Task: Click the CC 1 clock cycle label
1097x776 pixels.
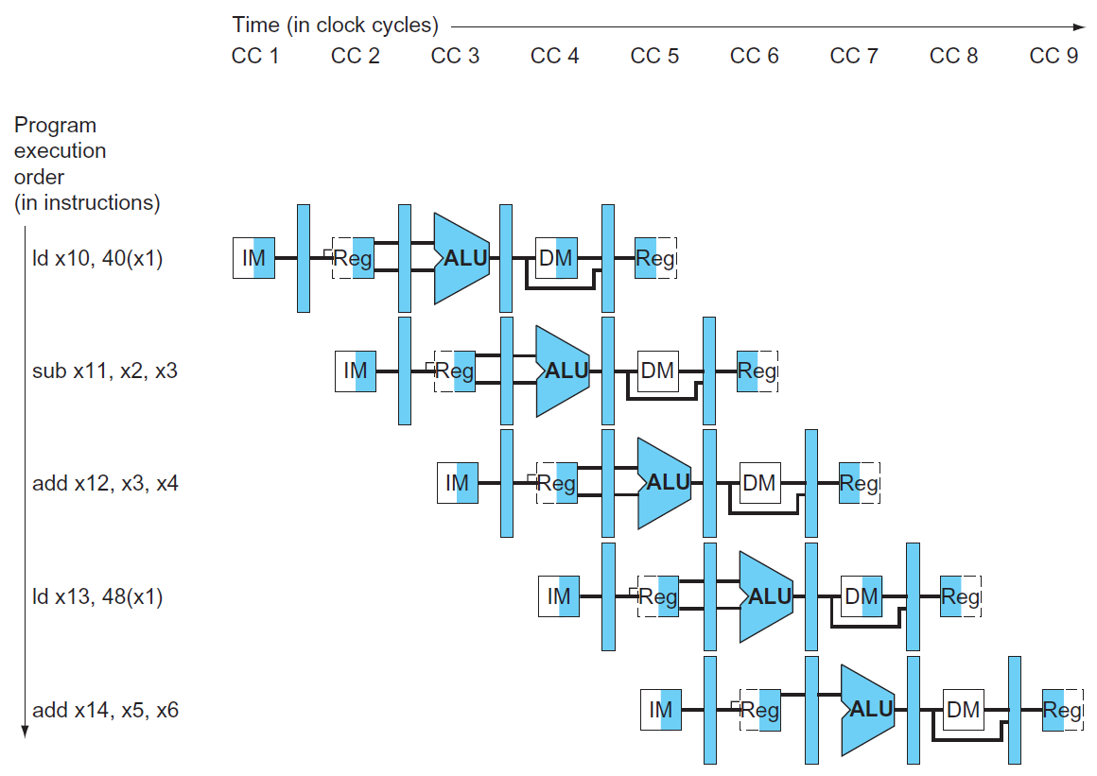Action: pyautogui.click(x=255, y=56)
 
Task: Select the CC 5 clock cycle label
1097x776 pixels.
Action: pyautogui.click(x=654, y=56)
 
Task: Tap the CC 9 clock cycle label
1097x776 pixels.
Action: pyautogui.click(x=1053, y=56)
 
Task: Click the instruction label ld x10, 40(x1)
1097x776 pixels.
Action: pyautogui.click(x=97, y=258)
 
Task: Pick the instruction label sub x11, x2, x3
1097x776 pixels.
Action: pyautogui.click(x=104, y=371)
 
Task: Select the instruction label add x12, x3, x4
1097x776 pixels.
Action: pyautogui.click(x=105, y=484)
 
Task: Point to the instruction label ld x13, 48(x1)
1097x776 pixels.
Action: pyautogui.click(x=97, y=597)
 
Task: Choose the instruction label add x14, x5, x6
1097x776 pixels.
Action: pyautogui.click(x=105, y=710)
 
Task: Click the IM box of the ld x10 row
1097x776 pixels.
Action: pyautogui.click(x=254, y=258)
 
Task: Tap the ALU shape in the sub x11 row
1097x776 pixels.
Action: pyautogui.click(x=564, y=371)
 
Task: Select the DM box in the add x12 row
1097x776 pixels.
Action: pyautogui.click(x=758, y=484)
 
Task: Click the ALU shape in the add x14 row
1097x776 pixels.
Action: pyautogui.click(x=868, y=710)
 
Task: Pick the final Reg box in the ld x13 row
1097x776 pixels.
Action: pyautogui.click(x=960, y=597)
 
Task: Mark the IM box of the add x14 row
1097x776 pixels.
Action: pyautogui.click(x=661, y=710)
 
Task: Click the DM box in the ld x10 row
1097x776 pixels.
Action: pyautogui.click(x=555, y=258)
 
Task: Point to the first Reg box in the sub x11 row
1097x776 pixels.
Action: pyautogui.click(x=454, y=371)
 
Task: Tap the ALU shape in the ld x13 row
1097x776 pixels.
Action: pyautogui.click(x=767, y=597)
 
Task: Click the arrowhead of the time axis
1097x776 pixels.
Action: pyautogui.click(x=1080, y=27)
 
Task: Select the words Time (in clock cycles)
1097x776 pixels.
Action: pyautogui.click(x=336, y=26)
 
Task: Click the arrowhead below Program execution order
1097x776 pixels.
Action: pyautogui.click(x=26, y=732)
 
